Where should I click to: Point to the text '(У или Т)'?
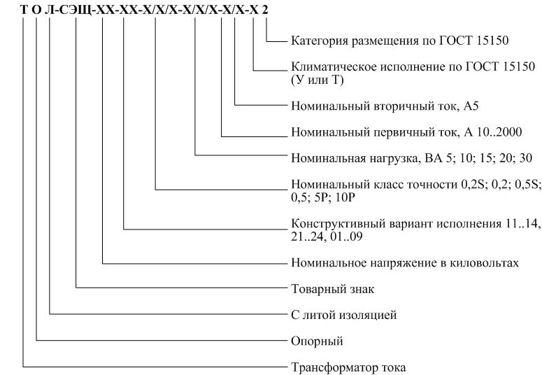point(315,80)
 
